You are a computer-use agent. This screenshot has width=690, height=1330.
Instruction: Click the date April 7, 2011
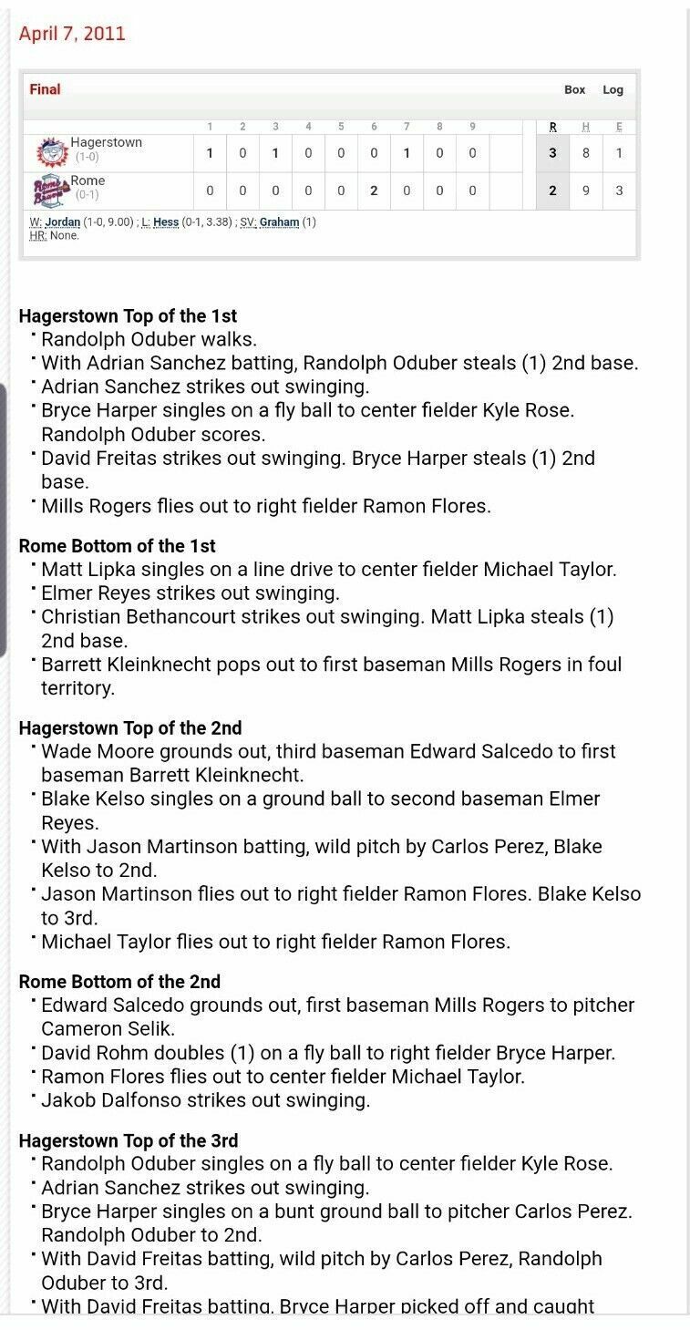[72, 34]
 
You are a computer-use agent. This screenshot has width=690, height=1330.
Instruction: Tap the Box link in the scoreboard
[574, 89]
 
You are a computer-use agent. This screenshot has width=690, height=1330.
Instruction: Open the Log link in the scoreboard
[613, 89]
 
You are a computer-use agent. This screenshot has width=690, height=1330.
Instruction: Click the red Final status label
[45, 89]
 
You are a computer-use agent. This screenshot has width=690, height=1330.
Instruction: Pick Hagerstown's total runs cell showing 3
[552, 153]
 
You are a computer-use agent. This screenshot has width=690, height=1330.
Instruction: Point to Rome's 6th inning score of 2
[374, 191]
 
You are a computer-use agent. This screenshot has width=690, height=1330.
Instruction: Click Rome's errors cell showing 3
[619, 191]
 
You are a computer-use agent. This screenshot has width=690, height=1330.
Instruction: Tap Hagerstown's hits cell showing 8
[586, 153]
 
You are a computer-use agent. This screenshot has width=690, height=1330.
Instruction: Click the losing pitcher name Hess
[166, 222]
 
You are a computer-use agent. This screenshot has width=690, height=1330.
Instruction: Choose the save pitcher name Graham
[280, 222]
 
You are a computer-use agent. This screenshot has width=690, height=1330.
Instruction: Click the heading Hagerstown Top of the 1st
[128, 316]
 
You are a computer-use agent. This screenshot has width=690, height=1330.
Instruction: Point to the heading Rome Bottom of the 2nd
[119, 982]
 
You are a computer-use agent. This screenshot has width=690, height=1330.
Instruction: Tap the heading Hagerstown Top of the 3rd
[129, 1140]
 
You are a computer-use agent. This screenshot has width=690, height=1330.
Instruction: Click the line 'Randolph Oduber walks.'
[149, 339]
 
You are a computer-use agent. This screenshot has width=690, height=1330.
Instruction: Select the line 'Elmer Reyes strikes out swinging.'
[190, 593]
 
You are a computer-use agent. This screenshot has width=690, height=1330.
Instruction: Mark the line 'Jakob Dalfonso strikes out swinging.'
[205, 1100]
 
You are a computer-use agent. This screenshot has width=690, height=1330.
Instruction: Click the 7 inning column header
[407, 127]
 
